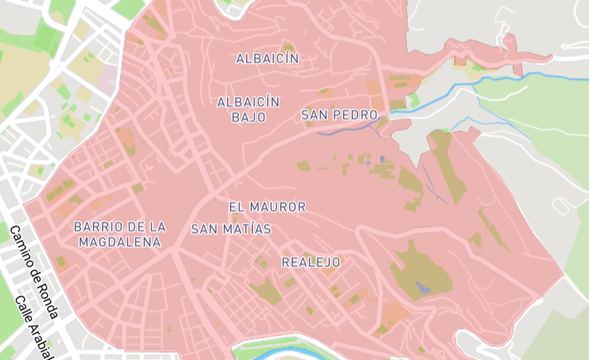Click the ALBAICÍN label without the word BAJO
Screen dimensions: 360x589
tap(267, 59)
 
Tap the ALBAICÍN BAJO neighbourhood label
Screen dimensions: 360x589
tap(248, 110)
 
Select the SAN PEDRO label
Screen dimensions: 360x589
tap(339, 115)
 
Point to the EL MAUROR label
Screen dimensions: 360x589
tap(267, 207)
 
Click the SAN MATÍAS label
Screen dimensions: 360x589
tap(231, 229)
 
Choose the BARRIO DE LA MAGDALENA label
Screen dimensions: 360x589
tap(120, 234)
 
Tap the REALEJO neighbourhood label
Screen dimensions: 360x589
tap(311, 262)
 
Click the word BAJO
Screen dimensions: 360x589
tap(248, 117)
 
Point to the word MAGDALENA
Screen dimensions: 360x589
tap(120, 242)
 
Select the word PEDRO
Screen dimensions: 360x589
tap(357, 115)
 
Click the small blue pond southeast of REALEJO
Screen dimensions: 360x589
tap(423, 287)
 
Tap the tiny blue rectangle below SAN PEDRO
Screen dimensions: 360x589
tap(382, 159)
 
